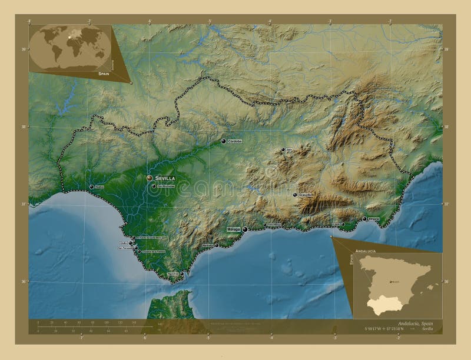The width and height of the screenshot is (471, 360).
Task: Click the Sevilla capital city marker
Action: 150,177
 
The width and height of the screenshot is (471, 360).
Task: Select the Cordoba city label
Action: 235,141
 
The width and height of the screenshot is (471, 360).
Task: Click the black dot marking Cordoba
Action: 223,141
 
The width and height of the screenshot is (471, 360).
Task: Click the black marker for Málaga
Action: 244,229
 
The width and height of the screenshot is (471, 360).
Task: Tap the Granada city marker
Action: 295,195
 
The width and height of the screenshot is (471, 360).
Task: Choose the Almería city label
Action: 374,219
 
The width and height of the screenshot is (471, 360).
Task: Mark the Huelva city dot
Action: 92,187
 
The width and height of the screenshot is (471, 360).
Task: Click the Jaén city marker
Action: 283,149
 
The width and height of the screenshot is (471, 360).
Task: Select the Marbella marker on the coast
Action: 217,245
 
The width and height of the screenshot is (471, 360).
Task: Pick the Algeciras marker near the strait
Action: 182,274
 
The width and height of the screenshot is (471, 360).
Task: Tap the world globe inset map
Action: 69,47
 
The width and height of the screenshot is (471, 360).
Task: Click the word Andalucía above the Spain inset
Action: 366,251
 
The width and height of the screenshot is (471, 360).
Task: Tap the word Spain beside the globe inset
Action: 104,75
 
